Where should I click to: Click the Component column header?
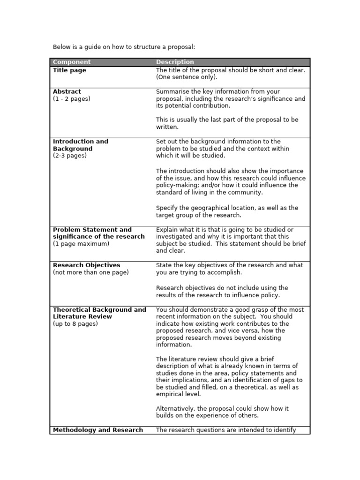pos(72,62)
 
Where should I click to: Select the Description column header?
pos(175,62)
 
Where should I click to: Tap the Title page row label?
pos(69,70)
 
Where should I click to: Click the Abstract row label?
pos(67,91)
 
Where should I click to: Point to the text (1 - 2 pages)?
pos(72,99)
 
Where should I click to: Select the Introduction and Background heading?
pos(80,145)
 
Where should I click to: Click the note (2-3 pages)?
pos(70,156)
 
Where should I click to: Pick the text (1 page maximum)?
pos(81,244)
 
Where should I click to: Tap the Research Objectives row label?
pos(87,265)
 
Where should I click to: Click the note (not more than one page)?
pos(91,272)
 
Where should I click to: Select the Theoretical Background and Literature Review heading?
pos(99,313)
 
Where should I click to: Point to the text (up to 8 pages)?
pos(75,324)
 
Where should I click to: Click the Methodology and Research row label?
pos(98,430)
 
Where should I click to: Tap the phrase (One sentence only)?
pos(187,77)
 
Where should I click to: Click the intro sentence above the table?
pos(123,47)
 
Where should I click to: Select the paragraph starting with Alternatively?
pos(222,412)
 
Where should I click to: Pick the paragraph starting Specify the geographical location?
pos(227,211)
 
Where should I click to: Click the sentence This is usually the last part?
pos(227,123)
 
